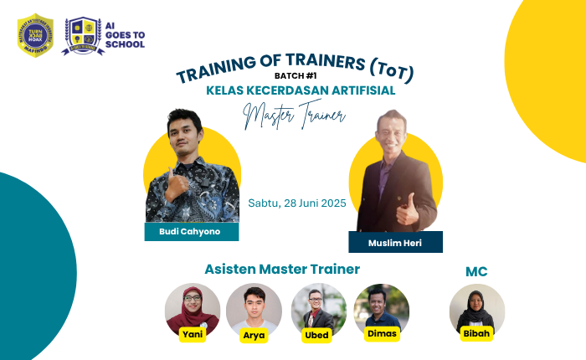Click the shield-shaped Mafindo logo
pyautogui.click(x=35, y=34)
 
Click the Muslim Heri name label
pyautogui.click(x=395, y=242)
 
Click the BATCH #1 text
pyautogui.click(x=295, y=76)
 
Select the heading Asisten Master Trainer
pyautogui.click(x=282, y=269)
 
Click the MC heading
pyautogui.click(x=476, y=271)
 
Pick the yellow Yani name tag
pyautogui.click(x=193, y=333)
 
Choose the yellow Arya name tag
pyautogui.click(x=254, y=334)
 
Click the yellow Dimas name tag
pyautogui.click(x=381, y=332)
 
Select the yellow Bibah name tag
pyautogui.click(x=476, y=332)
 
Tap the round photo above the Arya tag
pyautogui.click(x=254, y=306)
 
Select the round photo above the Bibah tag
pyautogui.click(x=476, y=306)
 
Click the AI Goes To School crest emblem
pyautogui.click(x=83, y=35)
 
